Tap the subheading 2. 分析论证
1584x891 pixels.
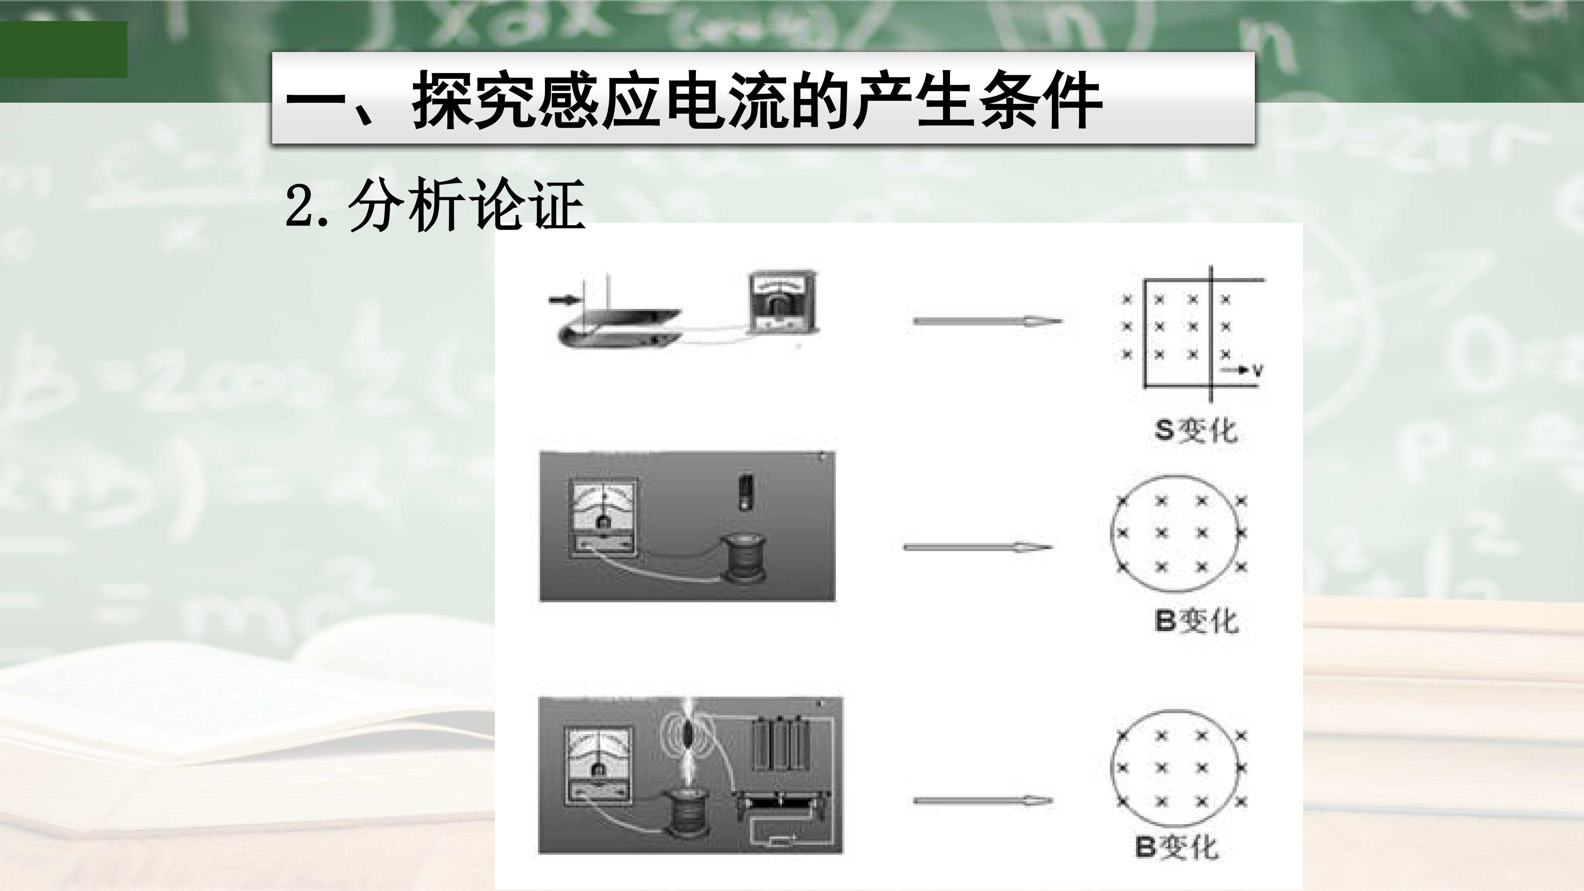(435, 204)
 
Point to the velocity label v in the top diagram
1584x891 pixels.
(1257, 371)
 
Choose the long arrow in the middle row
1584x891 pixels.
(978, 547)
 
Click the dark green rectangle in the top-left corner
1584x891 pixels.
(64, 49)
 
